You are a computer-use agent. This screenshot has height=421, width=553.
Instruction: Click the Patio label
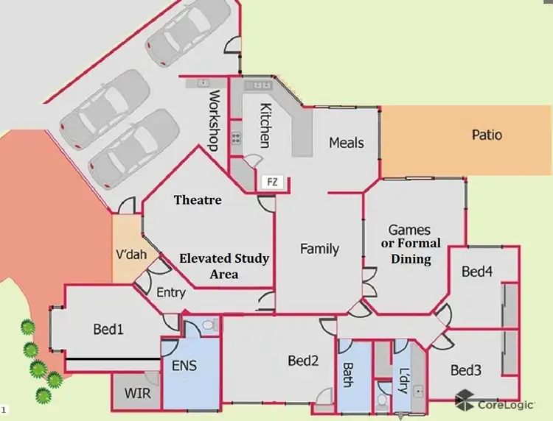tap(487, 135)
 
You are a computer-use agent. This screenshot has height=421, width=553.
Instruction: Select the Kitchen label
tap(265, 126)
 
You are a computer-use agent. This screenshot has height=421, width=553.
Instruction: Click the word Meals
tap(347, 142)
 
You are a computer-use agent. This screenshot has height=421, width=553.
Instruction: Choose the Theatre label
tap(198, 199)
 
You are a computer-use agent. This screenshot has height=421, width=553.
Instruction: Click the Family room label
tap(319, 249)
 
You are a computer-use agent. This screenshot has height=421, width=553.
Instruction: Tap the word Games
tap(409, 230)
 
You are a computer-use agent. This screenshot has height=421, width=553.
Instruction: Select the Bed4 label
tap(477, 272)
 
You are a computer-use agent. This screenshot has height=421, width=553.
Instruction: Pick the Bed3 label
tap(466, 369)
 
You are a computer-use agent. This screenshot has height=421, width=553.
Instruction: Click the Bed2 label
tap(303, 361)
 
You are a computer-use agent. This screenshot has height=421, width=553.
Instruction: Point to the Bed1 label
tap(108, 329)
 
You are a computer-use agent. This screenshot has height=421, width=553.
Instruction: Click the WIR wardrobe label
tap(137, 394)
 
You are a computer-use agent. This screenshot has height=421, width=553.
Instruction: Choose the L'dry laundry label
tap(403, 380)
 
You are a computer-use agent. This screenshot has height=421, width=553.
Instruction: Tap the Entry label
tap(171, 292)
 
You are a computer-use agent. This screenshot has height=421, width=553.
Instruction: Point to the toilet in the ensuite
tap(207, 324)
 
